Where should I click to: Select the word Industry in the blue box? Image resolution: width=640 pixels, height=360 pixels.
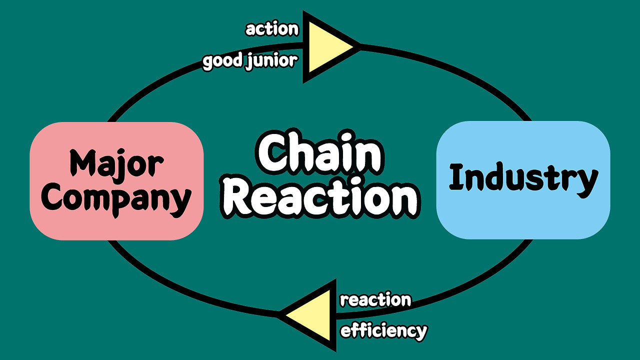pos(523,178)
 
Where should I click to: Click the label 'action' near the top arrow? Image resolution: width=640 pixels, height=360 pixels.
pos(272,29)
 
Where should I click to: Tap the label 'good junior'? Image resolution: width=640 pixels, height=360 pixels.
pos(250,62)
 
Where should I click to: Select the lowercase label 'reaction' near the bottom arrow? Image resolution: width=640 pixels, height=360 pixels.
pos(375,300)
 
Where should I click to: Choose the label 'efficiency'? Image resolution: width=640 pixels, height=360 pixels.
pos(383,330)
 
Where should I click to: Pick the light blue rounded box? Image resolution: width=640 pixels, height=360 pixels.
pos(523,220)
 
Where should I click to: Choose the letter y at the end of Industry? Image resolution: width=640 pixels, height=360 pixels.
pos(587,181)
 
